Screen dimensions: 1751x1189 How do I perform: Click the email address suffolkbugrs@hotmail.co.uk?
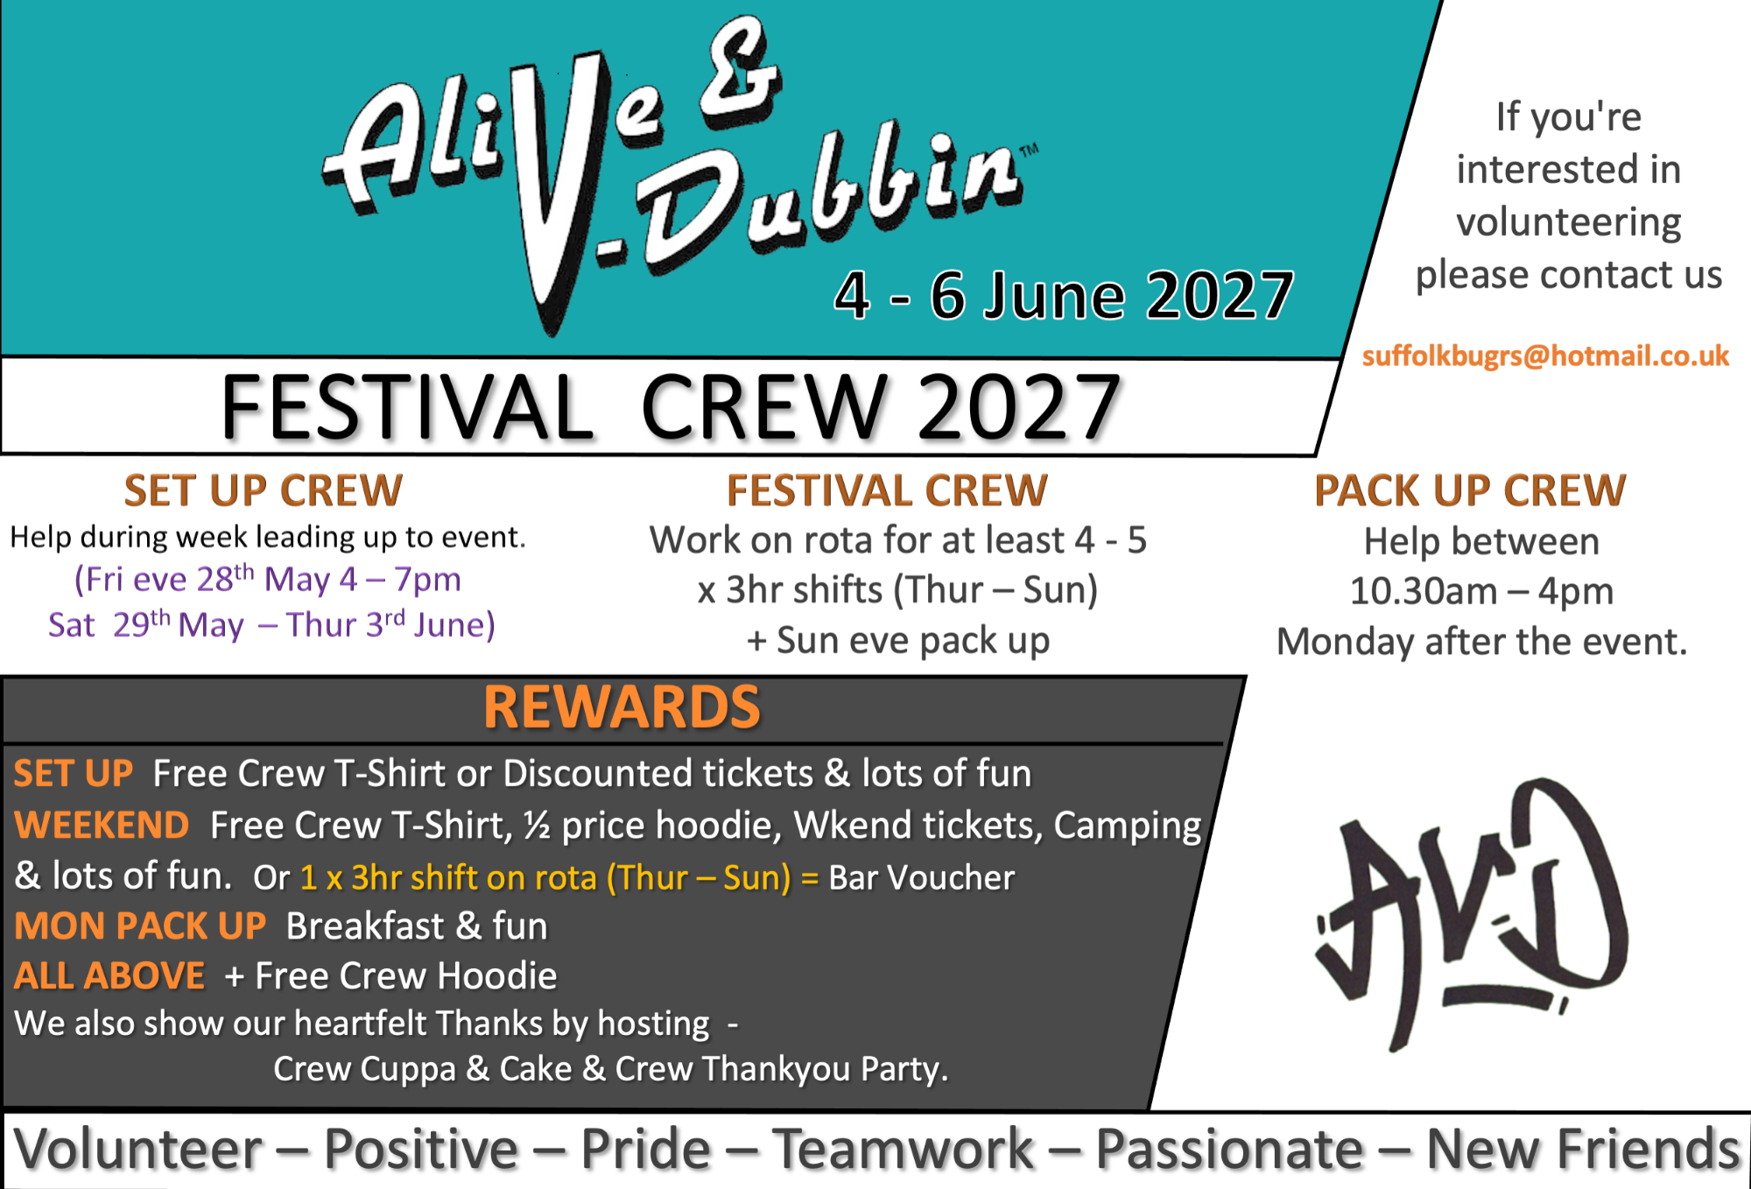tap(1545, 355)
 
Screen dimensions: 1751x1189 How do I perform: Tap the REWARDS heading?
tap(622, 707)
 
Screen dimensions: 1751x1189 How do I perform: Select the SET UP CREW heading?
tap(264, 490)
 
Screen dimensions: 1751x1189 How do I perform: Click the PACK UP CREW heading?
tap(1470, 490)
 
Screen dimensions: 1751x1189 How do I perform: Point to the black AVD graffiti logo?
tap(1471, 915)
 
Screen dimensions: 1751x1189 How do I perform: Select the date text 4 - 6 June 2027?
tap(1064, 296)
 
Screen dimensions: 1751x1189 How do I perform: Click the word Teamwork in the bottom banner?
tap(903, 1149)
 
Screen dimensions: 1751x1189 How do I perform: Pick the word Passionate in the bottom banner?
tap(1229, 1149)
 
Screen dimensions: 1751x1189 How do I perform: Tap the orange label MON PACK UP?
tap(140, 926)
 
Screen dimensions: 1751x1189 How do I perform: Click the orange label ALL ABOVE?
tap(109, 976)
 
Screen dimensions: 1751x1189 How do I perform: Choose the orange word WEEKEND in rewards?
tap(102, 826)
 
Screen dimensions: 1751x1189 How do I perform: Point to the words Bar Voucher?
tap(922, 877)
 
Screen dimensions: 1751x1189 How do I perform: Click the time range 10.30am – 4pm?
tap(1481, 591)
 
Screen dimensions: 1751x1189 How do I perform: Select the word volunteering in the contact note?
tap(1569, 223)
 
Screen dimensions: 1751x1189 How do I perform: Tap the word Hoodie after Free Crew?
tap(497, 976)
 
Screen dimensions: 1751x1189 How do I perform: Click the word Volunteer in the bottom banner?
tap(138, 1149)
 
